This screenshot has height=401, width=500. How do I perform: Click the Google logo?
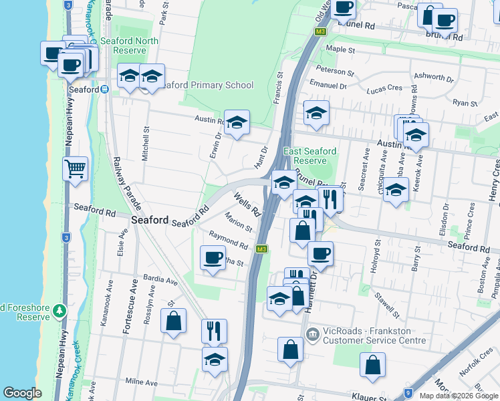coord(22,393)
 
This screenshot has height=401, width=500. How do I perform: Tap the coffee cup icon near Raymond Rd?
coord(213,257)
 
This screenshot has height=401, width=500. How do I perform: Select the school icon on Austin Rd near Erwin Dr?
coord(236,122)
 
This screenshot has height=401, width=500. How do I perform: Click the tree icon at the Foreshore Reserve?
coord(59,311)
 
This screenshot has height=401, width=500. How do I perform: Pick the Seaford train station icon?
coord(105,90)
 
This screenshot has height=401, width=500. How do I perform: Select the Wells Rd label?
coord(247,204)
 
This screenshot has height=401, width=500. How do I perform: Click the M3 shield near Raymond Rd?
coord(263,249)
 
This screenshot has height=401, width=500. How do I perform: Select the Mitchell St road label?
coord(146,139)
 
